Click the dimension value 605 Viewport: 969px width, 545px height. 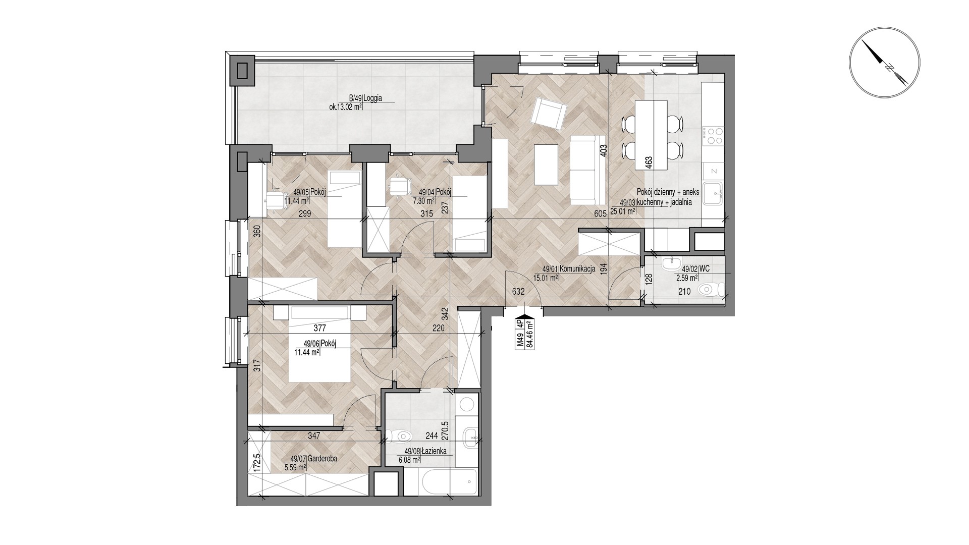coord(600,213)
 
